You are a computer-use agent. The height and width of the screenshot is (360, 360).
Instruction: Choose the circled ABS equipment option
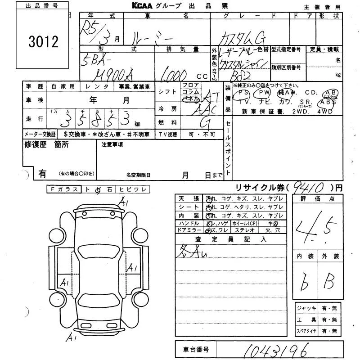(x=330, y=101)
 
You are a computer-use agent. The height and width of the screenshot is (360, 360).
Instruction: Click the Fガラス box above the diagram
(x=64, y=190)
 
